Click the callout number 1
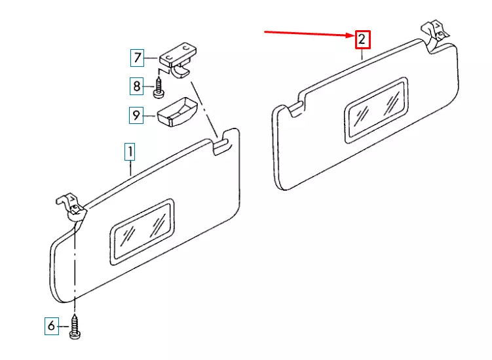[130, 151]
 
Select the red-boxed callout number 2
[362, 39]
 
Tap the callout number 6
[52, 326]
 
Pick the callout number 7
[138, 58]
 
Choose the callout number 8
[136, 86]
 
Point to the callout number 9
[136, 115]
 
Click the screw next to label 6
[75, 327]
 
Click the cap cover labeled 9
[177, 112]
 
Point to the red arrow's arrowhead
[350, 35]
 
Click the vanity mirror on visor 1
[142, 232]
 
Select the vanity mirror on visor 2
[377, 110]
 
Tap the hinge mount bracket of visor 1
[71, 207]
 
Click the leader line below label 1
[130, 168]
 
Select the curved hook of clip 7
[181, 71]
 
